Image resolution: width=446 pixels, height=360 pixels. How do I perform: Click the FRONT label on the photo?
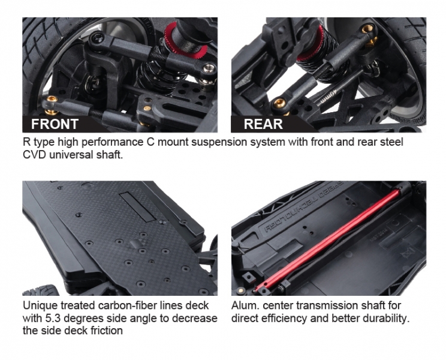pos(55,124)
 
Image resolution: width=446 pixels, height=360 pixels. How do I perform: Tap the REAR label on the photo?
pos(263,124)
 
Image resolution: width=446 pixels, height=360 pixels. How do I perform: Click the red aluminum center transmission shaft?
pos(328,239)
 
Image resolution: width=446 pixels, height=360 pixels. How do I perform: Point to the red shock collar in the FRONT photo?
pos(186,39)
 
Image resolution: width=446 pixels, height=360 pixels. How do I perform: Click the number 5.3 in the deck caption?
pos(52,318)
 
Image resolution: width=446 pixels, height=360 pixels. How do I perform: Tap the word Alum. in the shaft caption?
pos(245,305)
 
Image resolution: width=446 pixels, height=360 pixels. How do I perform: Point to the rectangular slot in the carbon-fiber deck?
pos(138,206)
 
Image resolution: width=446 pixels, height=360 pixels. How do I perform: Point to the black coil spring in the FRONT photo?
pos(157,77)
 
